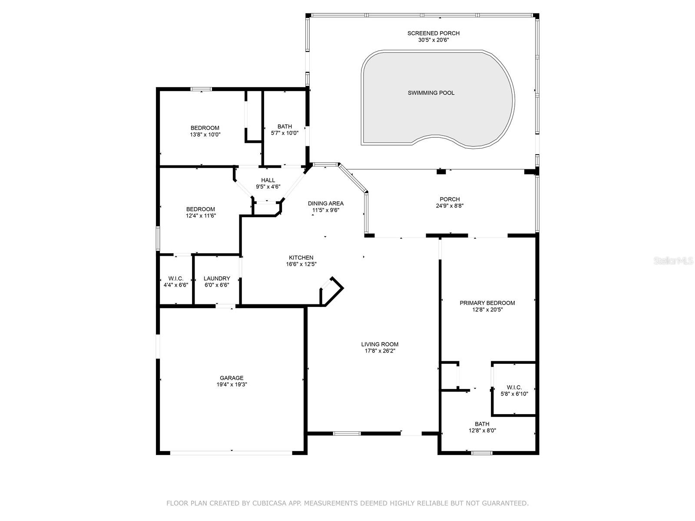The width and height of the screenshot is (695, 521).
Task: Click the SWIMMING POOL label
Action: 431,92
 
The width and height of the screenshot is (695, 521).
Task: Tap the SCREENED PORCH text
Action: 433,33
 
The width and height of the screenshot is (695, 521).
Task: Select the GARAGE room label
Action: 232,378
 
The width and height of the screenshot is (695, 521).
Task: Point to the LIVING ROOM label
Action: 380,344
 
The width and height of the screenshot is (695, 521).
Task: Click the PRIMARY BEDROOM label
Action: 487,303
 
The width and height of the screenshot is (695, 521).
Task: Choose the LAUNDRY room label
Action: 217,278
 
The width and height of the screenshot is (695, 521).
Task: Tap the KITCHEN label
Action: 301,257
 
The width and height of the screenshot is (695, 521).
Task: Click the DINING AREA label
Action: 326,203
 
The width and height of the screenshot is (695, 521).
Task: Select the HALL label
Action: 268,180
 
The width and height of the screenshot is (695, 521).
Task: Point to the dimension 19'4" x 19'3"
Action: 232,384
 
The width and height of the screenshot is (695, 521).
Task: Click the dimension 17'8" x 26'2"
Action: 380,350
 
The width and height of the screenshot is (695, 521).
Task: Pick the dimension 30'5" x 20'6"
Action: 433,40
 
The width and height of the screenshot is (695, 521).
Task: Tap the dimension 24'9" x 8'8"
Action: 450,206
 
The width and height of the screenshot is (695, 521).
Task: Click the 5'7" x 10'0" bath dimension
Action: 285,133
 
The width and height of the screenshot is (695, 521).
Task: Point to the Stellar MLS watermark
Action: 673,261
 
